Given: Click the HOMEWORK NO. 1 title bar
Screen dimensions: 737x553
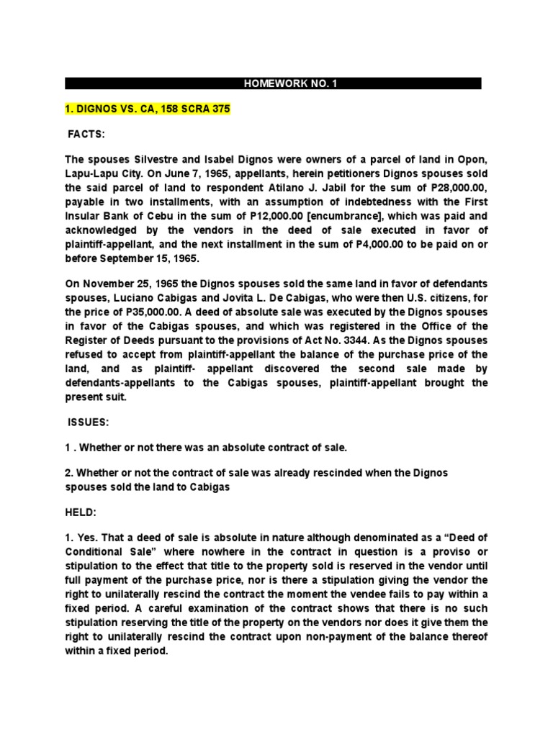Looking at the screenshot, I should point(273,83).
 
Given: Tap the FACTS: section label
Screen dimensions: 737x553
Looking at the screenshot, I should point(86,135).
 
